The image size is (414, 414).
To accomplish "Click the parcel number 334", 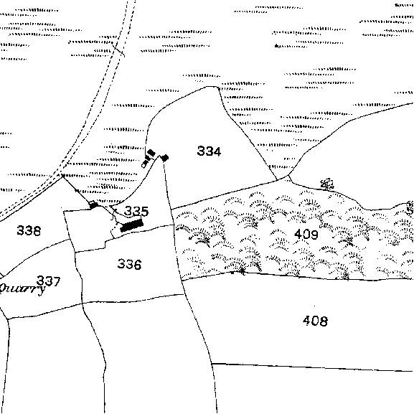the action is pyautogui.click(x=209, y=151).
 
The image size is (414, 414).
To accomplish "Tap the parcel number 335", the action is pyautogui.click(x=136, y=211).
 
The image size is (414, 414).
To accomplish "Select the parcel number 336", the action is pyautogui.click(x=129, y=264).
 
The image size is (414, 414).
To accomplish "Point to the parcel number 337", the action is pyautogui.click(x=49, y=281).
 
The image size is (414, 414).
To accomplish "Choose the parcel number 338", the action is pyautogui.click(x=29, y=230).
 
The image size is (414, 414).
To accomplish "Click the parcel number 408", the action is pyautogui.click(x=315, y=321).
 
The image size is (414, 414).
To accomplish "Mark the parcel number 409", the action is pyautogui.click(x=306, y=234).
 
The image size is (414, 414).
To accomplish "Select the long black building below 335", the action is pyautogui.click(x=132, y=225).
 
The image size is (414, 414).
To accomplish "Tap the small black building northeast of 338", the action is pyautogui.click(x=93, y=204).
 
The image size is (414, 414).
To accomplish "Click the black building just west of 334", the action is pyautogui.click(x=164, y=158).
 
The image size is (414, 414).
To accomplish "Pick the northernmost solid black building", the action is pyautogui.click(x=151, y=153).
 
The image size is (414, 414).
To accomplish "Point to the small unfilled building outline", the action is pyautogui.click(x=144, y=165).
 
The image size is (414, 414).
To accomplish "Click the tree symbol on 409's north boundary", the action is pyautogui.click(x=327, y=184).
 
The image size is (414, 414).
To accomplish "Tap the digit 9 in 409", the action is pyautogui.click(x=314, y=234).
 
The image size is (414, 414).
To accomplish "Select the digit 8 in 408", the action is pyautogui.click(x=324, y=321).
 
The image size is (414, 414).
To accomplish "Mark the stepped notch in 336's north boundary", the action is pyautogui.click(x=105, y=244).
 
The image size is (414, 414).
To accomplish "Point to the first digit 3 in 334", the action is pyautogui.click(x=201, y=151).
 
